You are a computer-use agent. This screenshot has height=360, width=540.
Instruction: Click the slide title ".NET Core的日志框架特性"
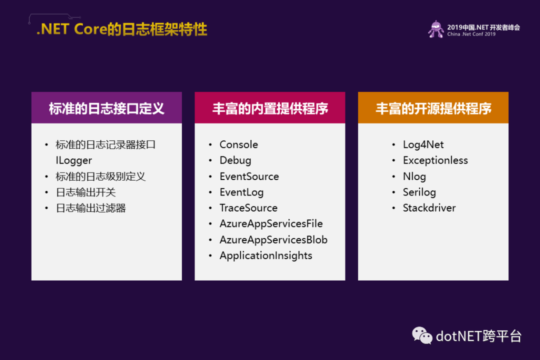click(x=122, y=29)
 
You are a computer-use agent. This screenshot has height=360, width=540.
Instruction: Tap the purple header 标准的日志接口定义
click(x=107, y=108)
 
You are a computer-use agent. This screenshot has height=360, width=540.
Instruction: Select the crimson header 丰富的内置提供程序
click(x=270, y=108)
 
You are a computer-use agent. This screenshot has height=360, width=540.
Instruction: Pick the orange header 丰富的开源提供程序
click(x=433, y=108)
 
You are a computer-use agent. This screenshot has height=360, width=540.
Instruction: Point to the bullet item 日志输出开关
click(x=86, y=192)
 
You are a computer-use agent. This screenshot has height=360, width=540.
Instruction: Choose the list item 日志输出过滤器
click(x=91, y=208)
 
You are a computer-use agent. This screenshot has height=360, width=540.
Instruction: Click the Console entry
click(x=238, y=144)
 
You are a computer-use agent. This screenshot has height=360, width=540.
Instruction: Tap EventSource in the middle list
click(x=249, y=176)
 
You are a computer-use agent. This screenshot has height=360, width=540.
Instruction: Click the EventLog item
click(x=242, y=192)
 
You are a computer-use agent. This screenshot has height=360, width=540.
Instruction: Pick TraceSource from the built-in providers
click(x=248, y=208)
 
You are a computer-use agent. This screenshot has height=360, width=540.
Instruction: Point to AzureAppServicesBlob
click(x=274, y=240)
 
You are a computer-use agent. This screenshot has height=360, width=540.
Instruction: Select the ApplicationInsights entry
click(x=266, y=256)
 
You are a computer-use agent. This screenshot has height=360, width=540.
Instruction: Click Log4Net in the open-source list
click(x=423, y=145)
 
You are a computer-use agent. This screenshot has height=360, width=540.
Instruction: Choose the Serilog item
click(x=419, y=192)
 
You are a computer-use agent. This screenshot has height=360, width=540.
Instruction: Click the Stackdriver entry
click(x=429, y=208)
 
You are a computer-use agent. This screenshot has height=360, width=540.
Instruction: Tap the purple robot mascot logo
click(x=436, y=29)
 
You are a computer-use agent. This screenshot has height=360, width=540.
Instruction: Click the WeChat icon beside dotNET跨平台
click(x=422, y=335)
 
